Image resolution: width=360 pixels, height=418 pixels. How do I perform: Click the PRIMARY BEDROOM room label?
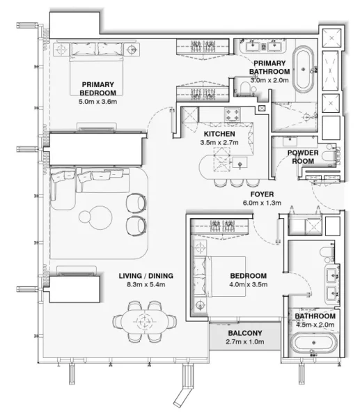click(x=97, y=88)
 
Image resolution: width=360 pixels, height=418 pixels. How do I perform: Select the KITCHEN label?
click(x=219, y=134)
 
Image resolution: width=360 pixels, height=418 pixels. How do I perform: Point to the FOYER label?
click(x=262, y=194)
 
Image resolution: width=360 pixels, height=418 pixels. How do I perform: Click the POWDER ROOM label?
click(x=303, y=156)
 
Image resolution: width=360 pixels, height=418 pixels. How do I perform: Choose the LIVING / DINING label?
click(x=146, y=276)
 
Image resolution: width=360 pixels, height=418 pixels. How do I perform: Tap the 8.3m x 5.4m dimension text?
click(x=146, y=285)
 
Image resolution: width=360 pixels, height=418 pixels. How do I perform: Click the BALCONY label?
click(x=244, y=333)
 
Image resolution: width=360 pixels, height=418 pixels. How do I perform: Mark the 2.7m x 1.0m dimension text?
click(x=244, y=343)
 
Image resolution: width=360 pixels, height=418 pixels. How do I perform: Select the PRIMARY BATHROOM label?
click(x=269, y=67)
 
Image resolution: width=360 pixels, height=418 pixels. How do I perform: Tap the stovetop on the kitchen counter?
click(x=231, y=114)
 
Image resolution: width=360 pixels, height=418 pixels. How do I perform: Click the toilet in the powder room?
click(x=327, y=159)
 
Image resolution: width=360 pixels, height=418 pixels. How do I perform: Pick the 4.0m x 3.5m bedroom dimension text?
click(x=249, y=285)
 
